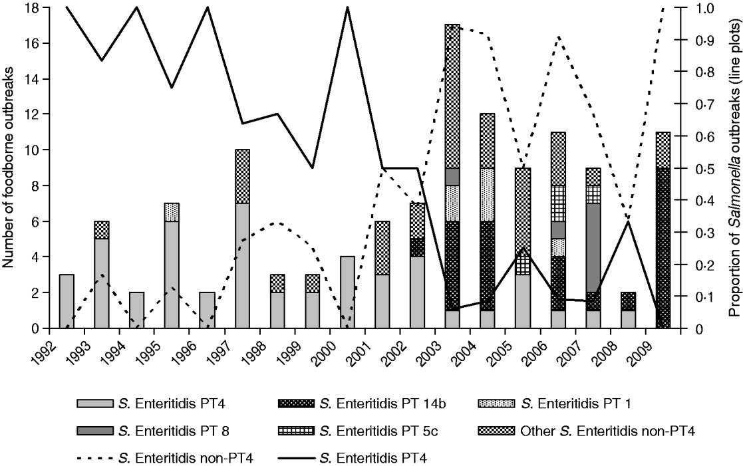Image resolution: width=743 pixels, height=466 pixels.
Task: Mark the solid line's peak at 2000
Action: pyautogui.click(x=347, y=8)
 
